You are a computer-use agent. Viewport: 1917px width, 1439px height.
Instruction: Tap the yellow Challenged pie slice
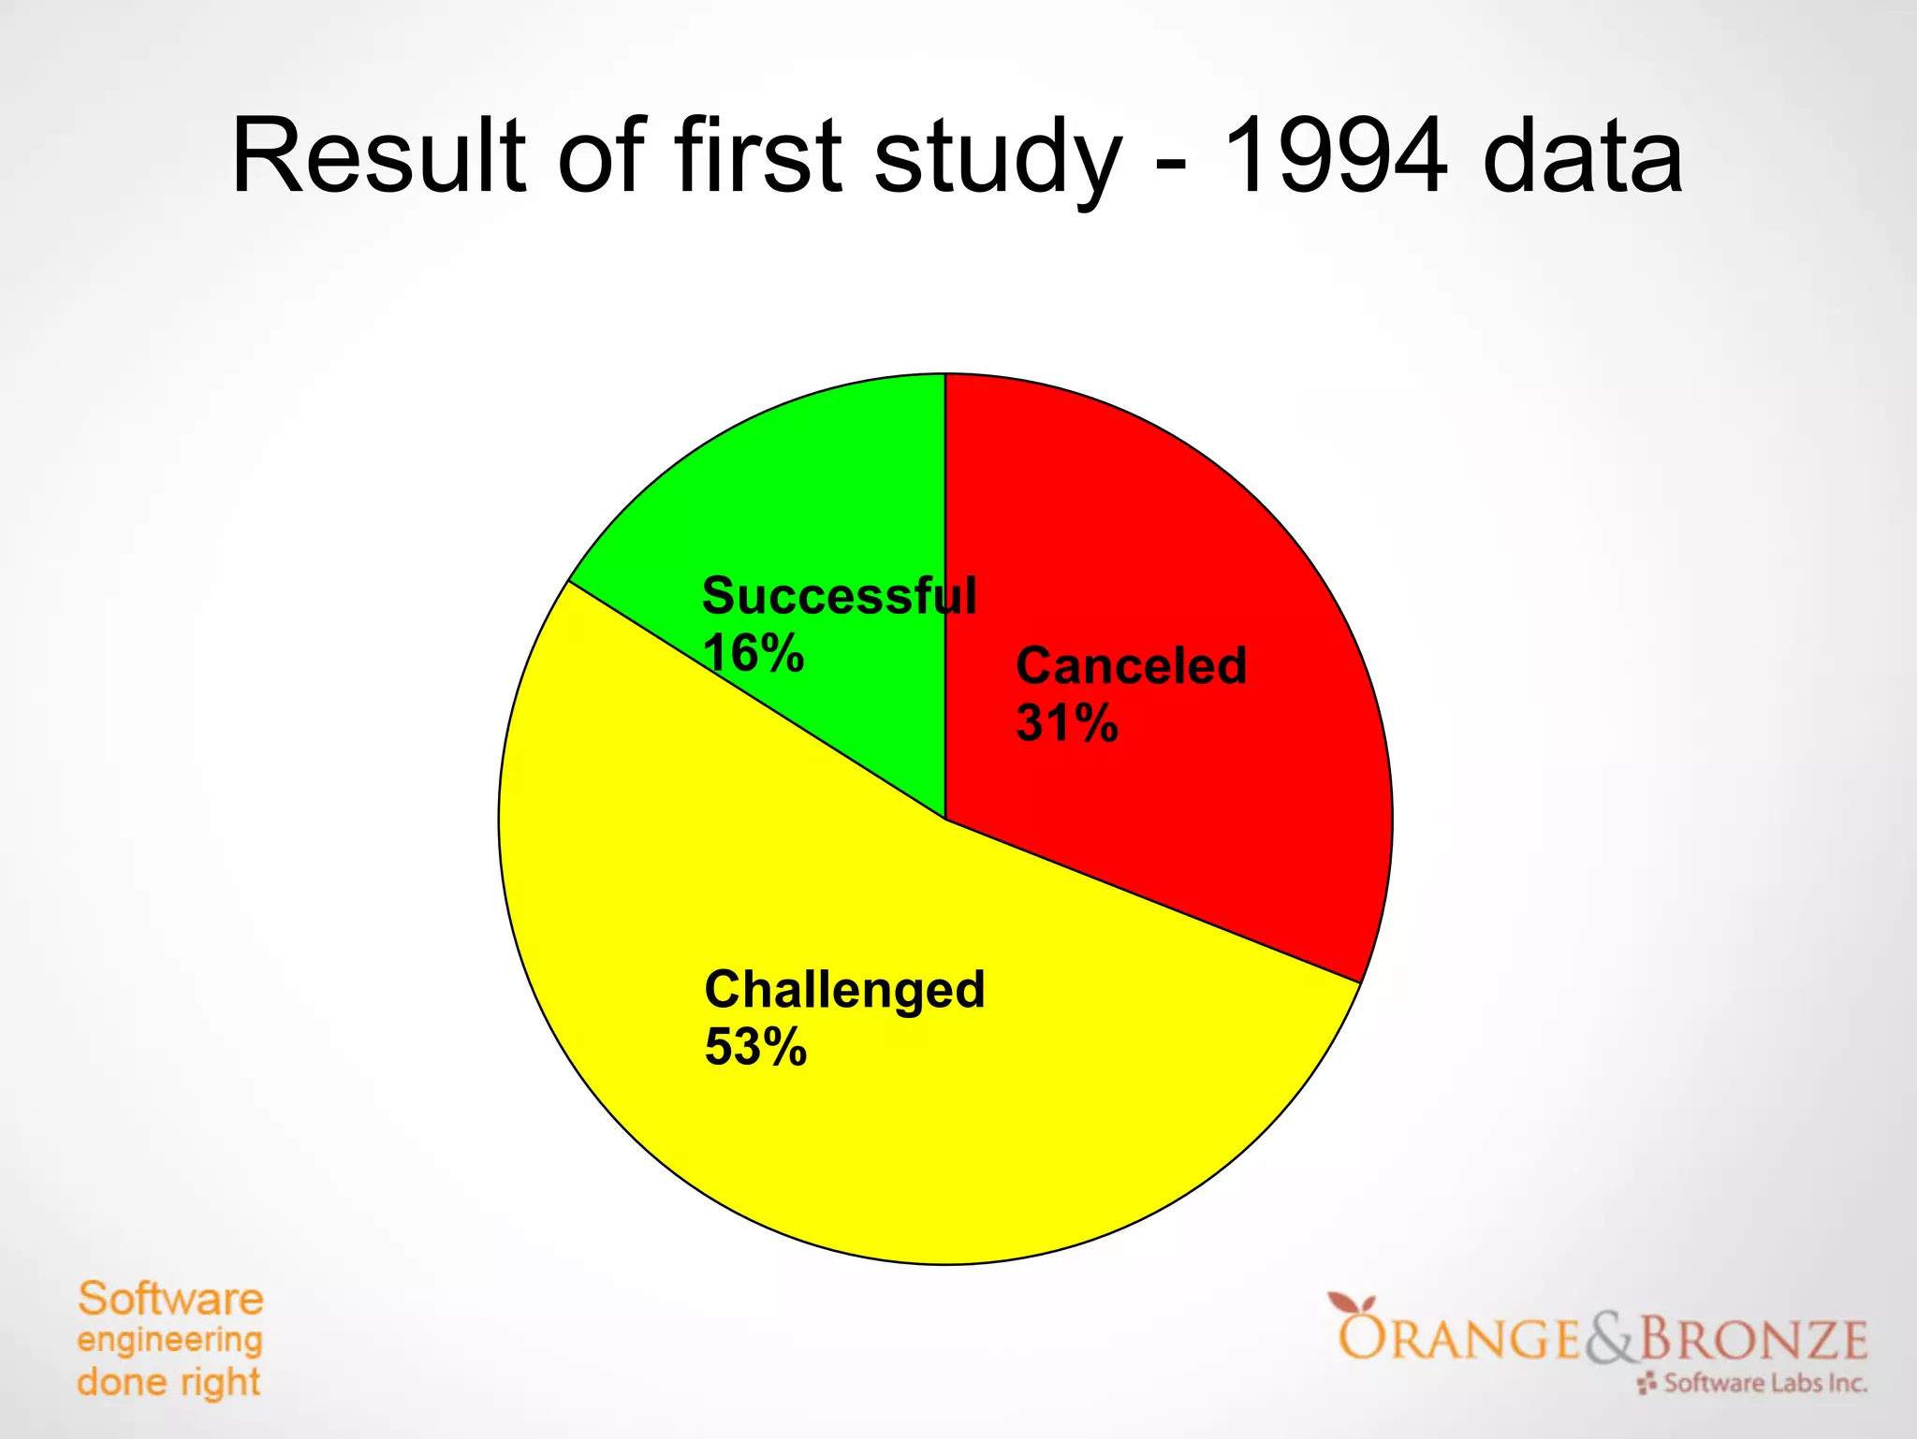[936, 1123]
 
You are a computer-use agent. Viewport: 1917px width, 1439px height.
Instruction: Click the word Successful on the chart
[839, 596]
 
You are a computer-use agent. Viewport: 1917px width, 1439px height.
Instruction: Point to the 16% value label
[753, 653]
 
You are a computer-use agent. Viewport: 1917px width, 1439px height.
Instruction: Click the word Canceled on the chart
[1131, 666]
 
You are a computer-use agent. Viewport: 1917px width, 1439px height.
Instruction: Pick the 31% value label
[1067, 723]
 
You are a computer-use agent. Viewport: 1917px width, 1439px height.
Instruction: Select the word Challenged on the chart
[844, 990]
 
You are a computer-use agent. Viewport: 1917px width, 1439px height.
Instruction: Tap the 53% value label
[755, 1047]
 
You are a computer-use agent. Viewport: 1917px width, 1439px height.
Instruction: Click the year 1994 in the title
[1335, 156]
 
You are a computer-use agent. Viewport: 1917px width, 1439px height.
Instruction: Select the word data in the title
[1582, 156]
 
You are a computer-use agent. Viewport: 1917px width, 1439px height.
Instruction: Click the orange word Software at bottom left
[170, 1300]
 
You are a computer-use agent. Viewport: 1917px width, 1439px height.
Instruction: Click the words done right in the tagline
[168, 1383]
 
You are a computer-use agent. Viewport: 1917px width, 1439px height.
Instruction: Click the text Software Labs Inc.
[1764, 1383]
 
